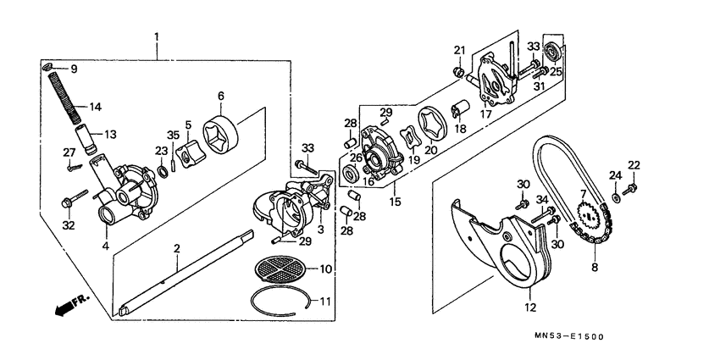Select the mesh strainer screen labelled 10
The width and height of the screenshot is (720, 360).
pos(283,269)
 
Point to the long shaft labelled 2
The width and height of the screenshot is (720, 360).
pos(186,270)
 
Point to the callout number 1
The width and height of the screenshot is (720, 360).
pos(157,37)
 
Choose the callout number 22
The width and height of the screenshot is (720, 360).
pos(634,164)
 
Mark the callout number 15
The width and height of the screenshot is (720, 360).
pos(395,202)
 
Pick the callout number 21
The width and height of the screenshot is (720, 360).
pos(460,49)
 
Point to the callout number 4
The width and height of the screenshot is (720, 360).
pos(106,246)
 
